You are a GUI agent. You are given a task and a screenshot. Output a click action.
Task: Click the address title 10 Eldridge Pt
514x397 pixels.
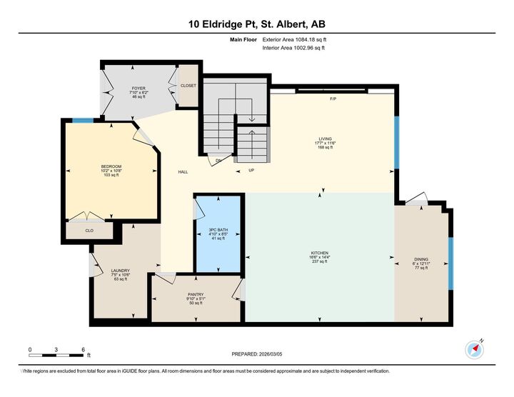256,24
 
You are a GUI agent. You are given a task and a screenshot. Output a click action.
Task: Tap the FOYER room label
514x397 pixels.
138,89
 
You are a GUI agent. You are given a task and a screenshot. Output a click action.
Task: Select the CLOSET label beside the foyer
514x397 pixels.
188,85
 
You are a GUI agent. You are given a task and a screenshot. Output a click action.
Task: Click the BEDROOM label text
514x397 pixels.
111,167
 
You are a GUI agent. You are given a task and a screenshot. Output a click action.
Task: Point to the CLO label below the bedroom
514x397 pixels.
89,231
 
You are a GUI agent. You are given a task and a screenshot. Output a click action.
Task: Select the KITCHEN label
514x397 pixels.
319,253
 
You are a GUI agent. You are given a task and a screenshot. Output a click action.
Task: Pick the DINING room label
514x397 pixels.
421,260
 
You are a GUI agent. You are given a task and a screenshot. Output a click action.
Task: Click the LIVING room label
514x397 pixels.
326,139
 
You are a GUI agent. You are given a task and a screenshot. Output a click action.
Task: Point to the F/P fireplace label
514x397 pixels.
333,98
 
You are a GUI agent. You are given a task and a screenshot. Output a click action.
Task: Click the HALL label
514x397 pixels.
183,172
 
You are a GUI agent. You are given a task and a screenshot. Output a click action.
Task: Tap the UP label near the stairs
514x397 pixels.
251,170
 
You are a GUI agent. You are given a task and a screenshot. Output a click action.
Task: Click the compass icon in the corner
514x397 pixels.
475,348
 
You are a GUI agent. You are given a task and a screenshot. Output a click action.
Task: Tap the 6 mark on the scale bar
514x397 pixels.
84,349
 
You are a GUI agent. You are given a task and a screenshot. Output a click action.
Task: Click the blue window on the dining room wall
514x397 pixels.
450,263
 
